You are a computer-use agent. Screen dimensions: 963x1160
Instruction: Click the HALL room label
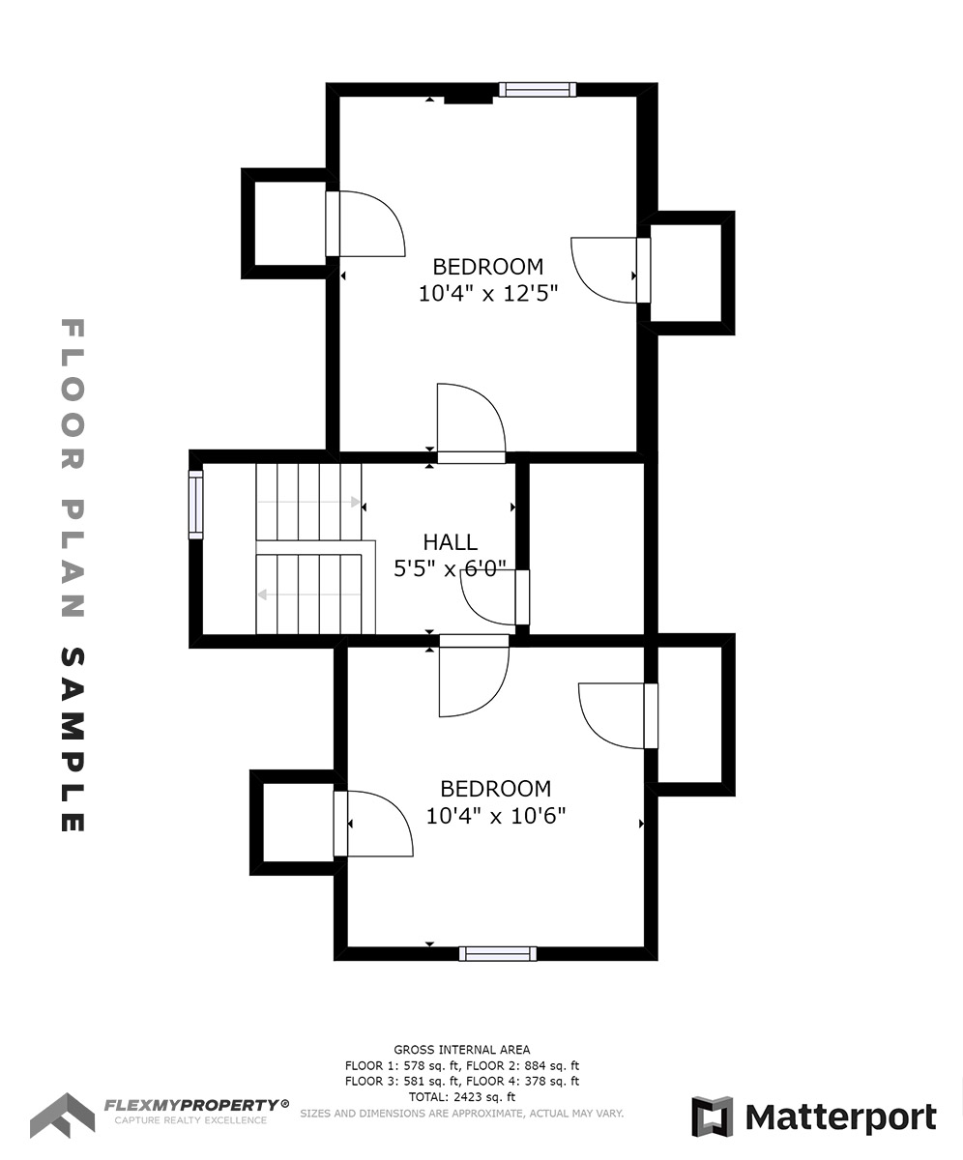[x=451, y=542]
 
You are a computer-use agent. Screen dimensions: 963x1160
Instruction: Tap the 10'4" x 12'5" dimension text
[x=488, y=293]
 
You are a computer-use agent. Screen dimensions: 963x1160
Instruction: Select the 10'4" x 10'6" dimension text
[x=496, y=816]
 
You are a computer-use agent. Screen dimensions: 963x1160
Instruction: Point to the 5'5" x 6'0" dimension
[x=451, y=568]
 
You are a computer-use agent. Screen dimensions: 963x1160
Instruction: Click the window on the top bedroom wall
[x=538, y=90]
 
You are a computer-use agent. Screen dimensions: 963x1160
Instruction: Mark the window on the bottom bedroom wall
[x=498, y=954]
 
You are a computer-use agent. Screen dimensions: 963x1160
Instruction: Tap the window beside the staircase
[x=195, y=505]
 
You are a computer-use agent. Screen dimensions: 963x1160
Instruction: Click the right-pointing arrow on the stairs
[x=309, y=503]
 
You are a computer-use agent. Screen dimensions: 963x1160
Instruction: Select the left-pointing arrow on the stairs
[x=309, y=594]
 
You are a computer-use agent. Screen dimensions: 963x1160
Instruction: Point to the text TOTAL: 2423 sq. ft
[x=462, y=1097]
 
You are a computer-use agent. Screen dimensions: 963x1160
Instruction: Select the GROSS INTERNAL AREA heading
[x=462, y=1050]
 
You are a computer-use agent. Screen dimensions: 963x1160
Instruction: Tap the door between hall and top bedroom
[x=471, y=423]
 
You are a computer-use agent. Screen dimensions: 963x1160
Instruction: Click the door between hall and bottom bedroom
[x=474, y=676]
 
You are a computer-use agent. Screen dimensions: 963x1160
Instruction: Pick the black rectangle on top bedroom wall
[x=468, y=100]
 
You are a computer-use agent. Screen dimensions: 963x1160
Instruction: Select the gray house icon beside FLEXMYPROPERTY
[x=62, y=1116]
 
